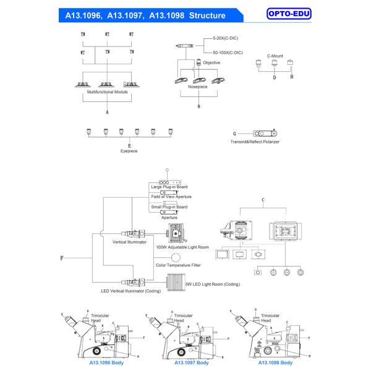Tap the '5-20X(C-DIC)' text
[x=226, y=39]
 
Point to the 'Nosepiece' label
[x=198, y=87]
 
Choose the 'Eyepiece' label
[x=129, y=150]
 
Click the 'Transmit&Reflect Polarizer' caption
[x=254, y=142]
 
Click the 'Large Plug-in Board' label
[x=169, y=187]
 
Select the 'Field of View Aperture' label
[x=171, y=197]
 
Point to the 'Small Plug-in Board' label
[x=169, y=207]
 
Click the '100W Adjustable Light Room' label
[x=182, y=247]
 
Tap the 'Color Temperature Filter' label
[x=178, y=265]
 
